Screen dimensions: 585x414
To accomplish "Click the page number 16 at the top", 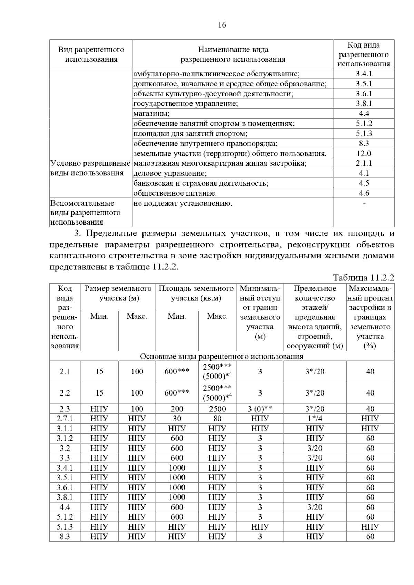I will [x=222, y=25].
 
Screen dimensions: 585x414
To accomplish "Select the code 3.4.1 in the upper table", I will [x=364, y=74].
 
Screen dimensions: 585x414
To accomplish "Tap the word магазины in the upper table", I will [x=151, y=114].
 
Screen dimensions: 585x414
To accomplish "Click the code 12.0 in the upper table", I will [x=364, y=153].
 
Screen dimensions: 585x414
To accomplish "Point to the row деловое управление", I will [x=170, y=173].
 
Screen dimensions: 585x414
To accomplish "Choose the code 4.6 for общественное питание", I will [x=364, y=193].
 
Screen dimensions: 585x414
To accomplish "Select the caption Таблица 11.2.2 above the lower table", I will [x=363, y=278].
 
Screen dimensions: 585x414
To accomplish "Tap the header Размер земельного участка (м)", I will [x=118, y=293].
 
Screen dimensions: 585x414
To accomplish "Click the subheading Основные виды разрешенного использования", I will [x=221, y=356].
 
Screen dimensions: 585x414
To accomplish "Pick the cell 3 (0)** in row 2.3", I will [x=260, y=409].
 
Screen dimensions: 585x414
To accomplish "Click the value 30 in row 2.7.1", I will [x=177, y=419].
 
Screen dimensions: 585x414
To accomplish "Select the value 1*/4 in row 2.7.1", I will [x=315, y=419].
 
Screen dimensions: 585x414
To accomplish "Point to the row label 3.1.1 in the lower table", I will [x=65, y=429].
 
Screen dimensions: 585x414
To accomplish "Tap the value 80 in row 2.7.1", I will [x=217, y=419].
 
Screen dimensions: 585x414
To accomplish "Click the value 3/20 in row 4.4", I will [x=315, y=507].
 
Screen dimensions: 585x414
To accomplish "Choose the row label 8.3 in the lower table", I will [x=65, y=536].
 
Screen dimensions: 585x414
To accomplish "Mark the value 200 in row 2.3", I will [x=177, y=409].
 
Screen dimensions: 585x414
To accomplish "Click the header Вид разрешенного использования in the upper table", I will [x=91, y=54].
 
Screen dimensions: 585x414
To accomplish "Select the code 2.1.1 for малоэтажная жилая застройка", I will [x=364, y=163].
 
